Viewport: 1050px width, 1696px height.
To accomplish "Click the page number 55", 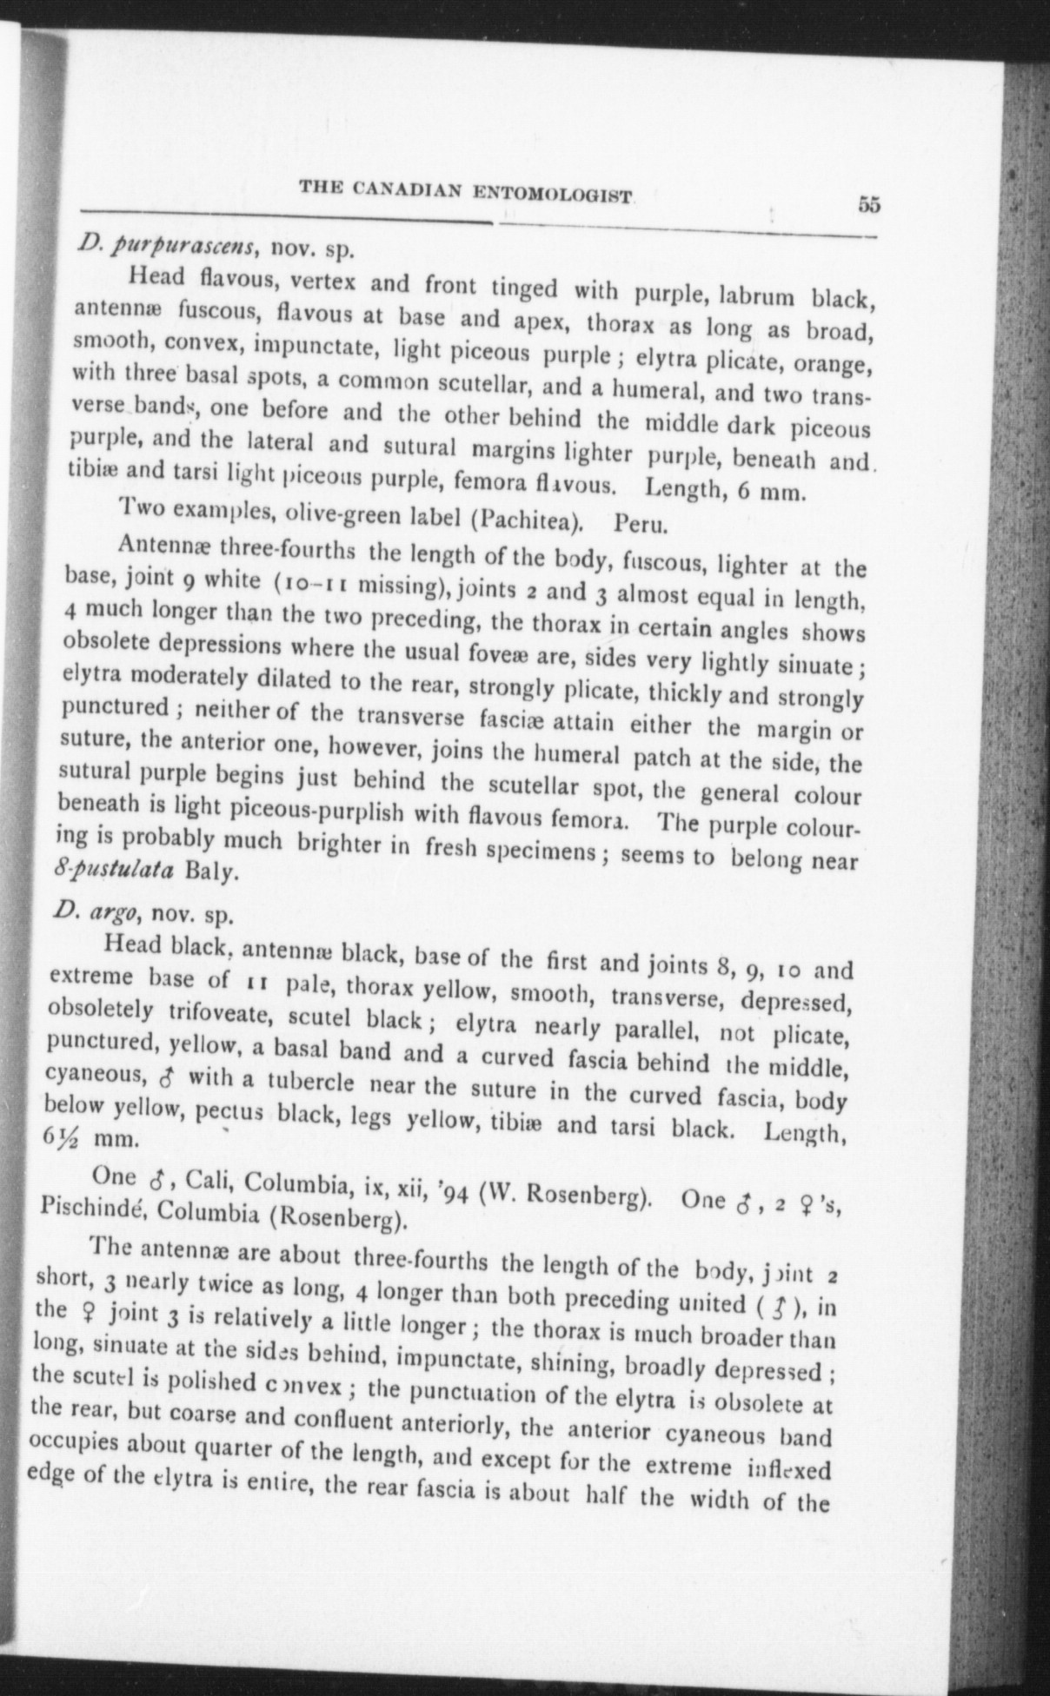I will [869, 205].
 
